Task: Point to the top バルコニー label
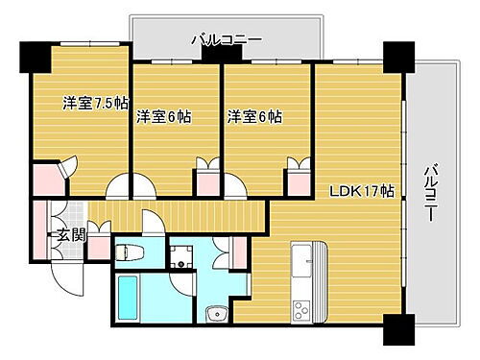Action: [227, 39]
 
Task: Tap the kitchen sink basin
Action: [300, 260]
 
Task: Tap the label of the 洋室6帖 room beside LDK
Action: [254, 117]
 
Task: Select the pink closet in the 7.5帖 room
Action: [44, 179]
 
